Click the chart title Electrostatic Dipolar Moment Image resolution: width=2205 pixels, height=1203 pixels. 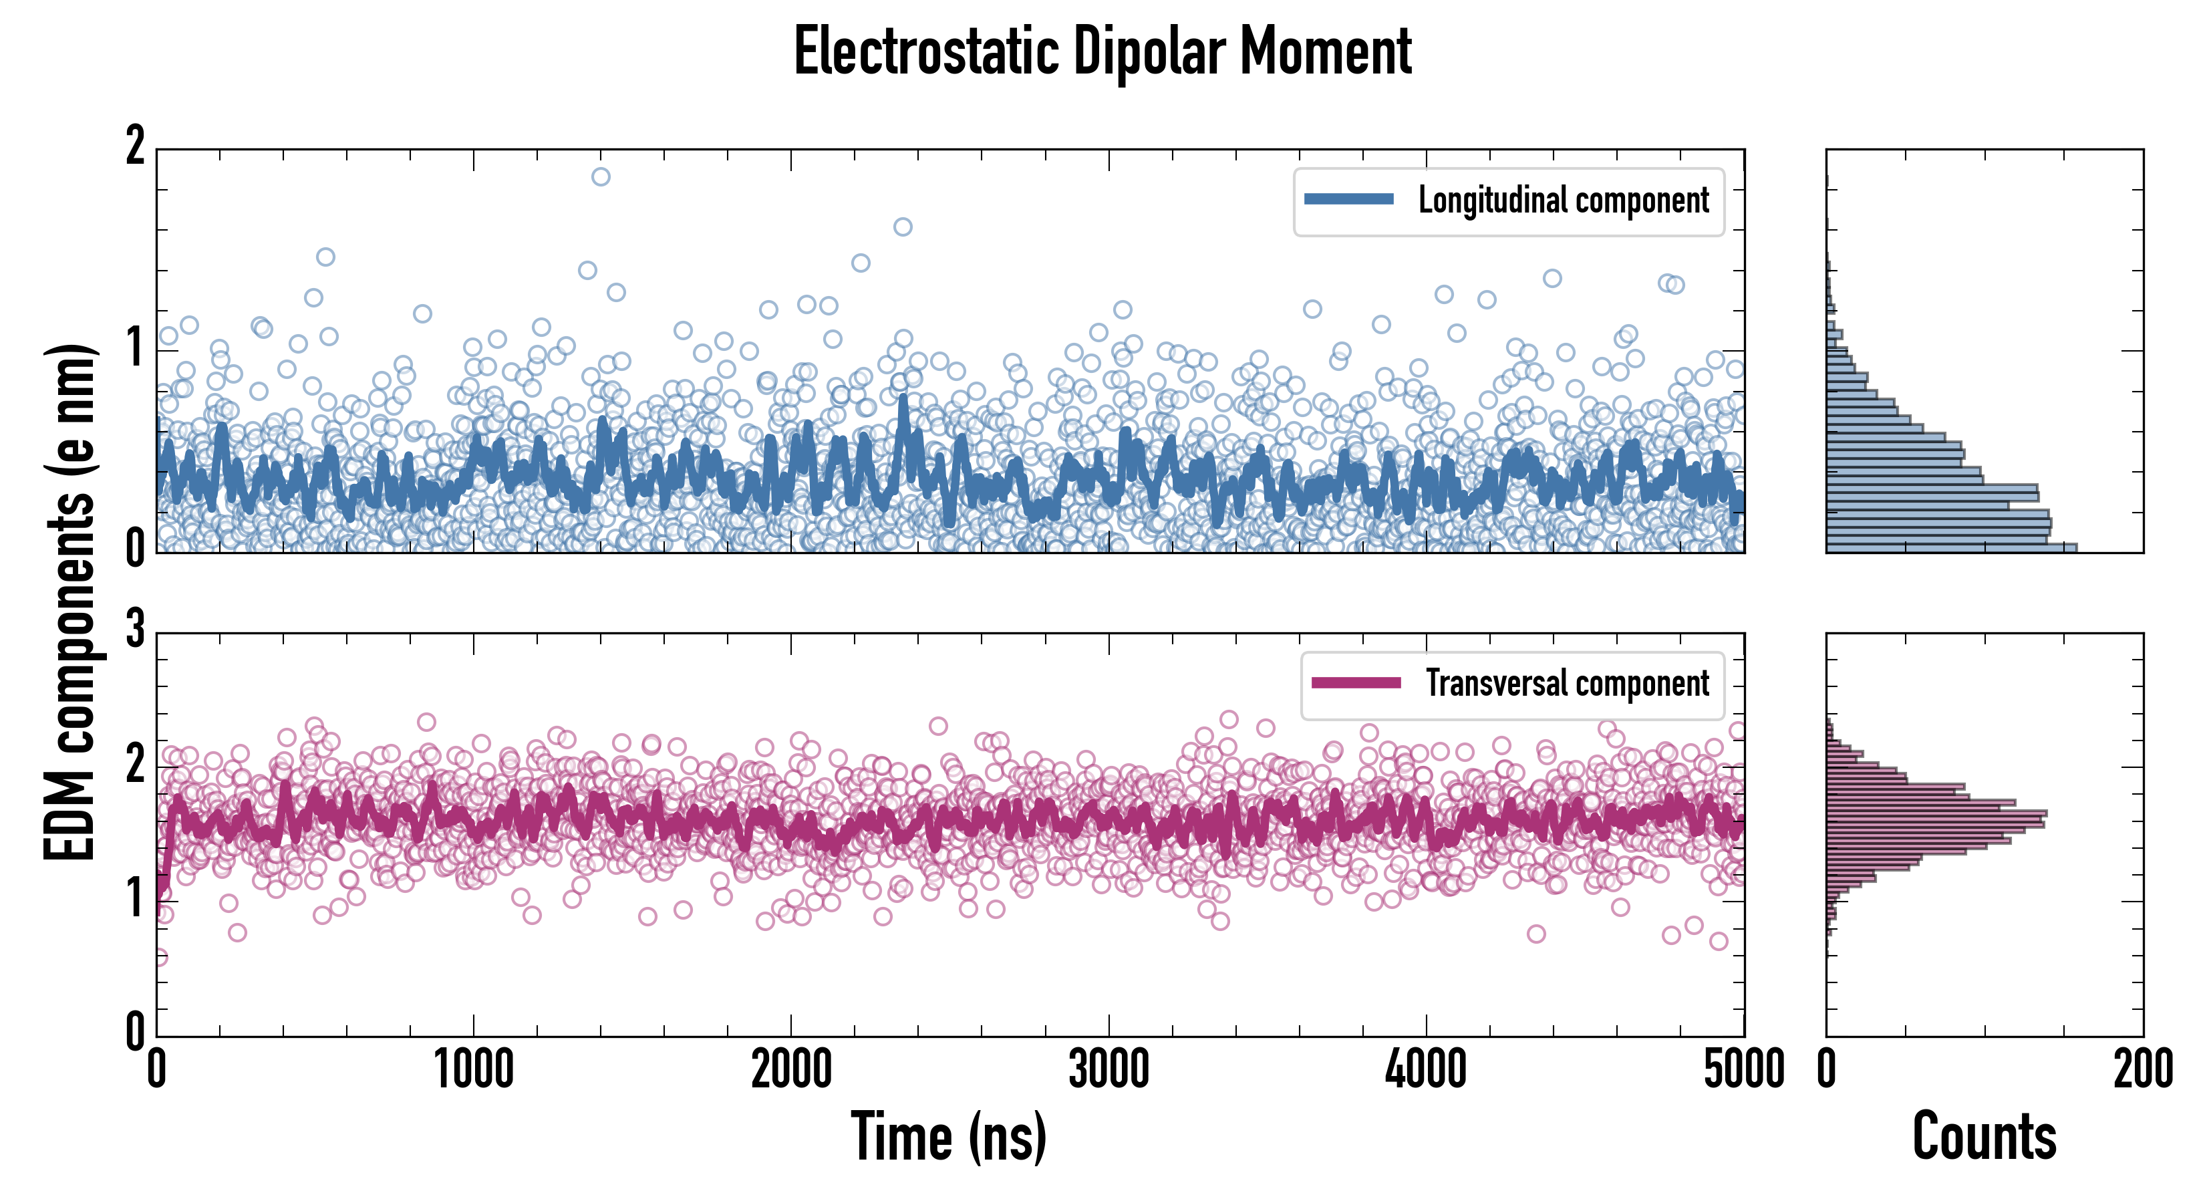pos(1102,52)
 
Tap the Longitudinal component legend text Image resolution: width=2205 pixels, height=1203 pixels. pos(1563,200)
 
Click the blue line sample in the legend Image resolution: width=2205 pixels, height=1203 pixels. pos(1348,200)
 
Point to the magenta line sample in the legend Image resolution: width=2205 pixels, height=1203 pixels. pos(1356,682)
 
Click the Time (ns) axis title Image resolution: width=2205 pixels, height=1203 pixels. pos(948,1136)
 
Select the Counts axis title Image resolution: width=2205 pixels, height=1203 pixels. pos(1984,1136)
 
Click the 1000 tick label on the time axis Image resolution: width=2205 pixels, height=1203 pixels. pos(473,1070)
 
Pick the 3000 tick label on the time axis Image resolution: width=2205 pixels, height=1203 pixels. pos(1109,1070)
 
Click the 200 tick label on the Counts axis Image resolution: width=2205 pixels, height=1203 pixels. pos(2142,1070)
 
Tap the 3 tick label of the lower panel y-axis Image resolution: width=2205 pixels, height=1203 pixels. pos(135,630)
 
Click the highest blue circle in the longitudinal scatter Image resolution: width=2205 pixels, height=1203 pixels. pos(601,177)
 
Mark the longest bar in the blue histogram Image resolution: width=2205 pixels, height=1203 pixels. pos(1952,547)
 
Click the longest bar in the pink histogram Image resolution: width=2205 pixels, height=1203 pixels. pos(1936,813)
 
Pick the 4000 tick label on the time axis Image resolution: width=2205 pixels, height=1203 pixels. pos(1426,1070)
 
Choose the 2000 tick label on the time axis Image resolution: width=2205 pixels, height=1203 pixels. pos(791,1070)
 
